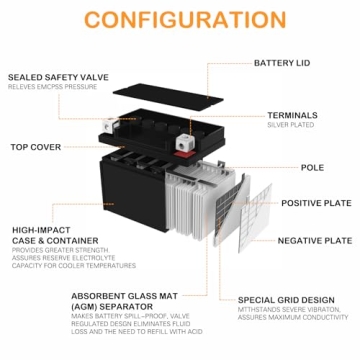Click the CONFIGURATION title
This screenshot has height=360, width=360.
(x=180, y=21)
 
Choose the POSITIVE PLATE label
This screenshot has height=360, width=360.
(x=315, y=203)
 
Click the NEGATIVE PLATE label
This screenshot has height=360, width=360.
(x=314, y=240)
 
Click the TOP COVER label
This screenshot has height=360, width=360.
(x=36, y=146)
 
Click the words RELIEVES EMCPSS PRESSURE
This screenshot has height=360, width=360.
(x=51, y=87)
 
